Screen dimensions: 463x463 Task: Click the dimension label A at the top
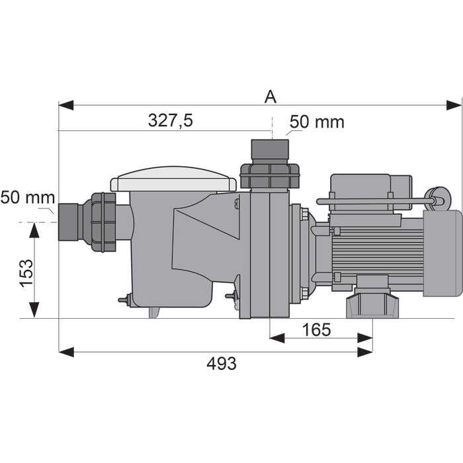pyautogui.click(x=271, y=97)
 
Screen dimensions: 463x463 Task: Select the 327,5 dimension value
pyautogui.click(x=171, y=120)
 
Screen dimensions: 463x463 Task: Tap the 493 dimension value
pyautogui.click(x=222, y=364)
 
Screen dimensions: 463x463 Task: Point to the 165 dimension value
pyautogui.click(x=317, y=329)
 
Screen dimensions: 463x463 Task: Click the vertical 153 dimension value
pyautogui.click(x=26, y=273)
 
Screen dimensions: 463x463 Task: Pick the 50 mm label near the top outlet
pyautogui.click(x=317, y=122)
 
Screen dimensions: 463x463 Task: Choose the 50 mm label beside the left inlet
pyautogui.click(x=28, y=197)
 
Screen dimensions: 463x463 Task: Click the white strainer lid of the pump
pyautogui.click(x=173, y=179)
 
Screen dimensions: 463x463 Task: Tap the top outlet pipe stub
pyautogui.click(x=270, y=149)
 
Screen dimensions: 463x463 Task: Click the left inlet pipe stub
pyautogui.click(x=68, y=222)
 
